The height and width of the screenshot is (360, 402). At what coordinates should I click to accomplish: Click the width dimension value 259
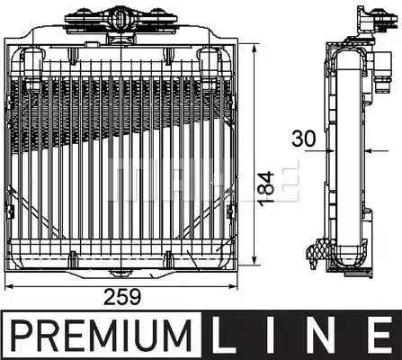click(x=122, y=297)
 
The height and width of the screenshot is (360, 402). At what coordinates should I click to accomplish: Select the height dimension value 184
click(x=266, y=189)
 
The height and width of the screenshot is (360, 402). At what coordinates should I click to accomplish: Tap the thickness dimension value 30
click(x=304, y=139)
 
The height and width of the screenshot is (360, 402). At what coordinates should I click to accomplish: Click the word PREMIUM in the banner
click(x=102, y=336)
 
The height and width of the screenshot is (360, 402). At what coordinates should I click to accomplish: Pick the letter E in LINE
click(x=378, y=336)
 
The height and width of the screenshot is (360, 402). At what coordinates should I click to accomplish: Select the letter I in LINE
click(x=273, y=336)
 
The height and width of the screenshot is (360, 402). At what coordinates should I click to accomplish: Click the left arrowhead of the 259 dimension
click(x=9, y=286)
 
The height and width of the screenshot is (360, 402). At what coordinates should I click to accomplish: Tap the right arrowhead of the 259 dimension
click(x=233, y=286)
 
